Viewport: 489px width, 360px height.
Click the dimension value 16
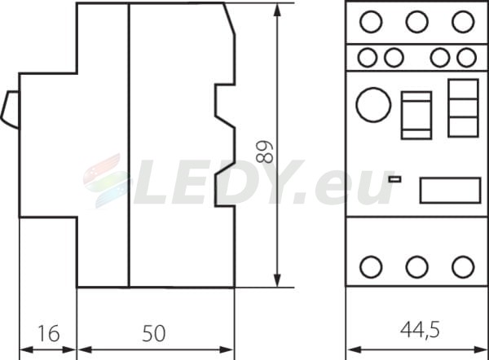click(48, 333)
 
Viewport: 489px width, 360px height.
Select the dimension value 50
click(154, 333)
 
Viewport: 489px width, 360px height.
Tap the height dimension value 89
click(264, 152)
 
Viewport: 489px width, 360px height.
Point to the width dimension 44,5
click(420, 330)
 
